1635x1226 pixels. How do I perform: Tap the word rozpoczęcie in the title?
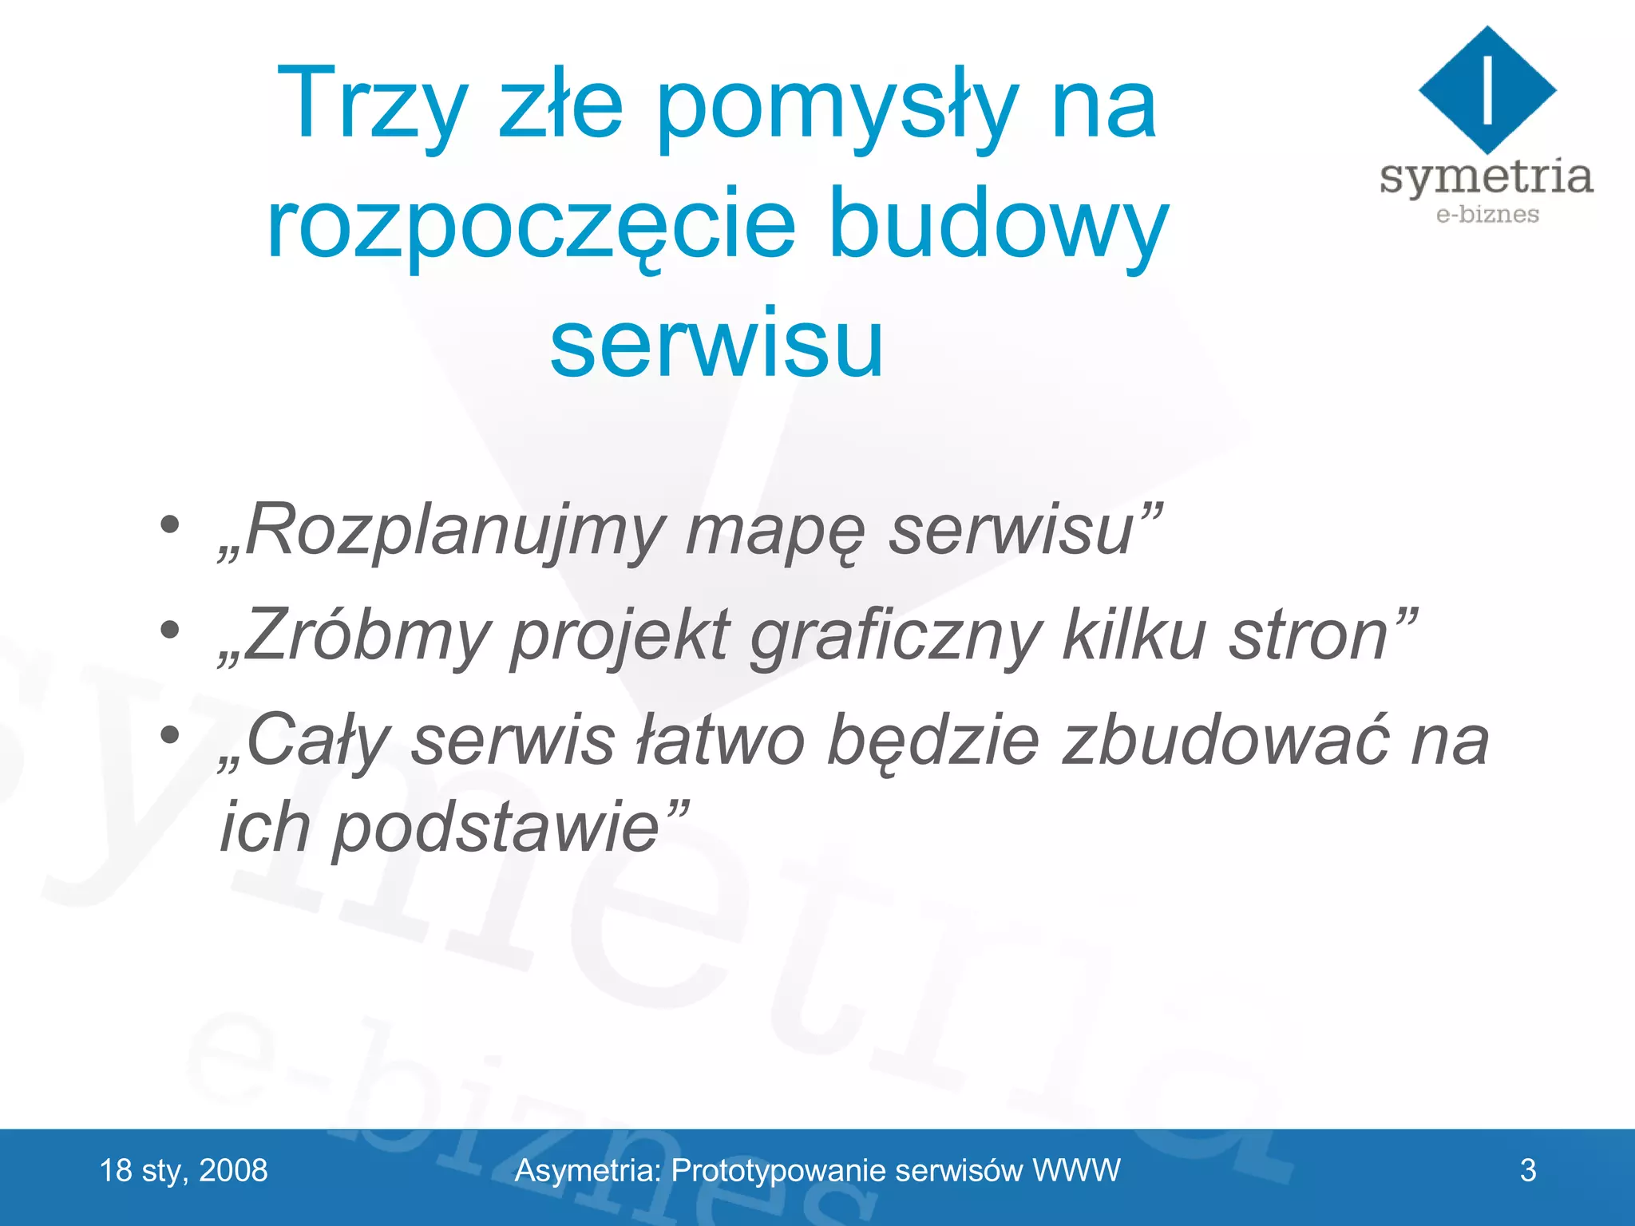point(531,225)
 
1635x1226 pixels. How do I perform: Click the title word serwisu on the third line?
point(717,343)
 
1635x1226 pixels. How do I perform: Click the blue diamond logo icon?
point(1487,89)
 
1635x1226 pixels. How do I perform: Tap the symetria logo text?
point(1487,176)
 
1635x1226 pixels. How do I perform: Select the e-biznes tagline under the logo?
point(1487,215)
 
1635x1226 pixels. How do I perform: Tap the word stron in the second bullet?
point(1309,636)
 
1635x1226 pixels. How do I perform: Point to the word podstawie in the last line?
point(495,828)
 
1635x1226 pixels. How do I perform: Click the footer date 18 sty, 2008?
point(184,1171)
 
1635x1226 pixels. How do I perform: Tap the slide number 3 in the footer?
point(1528,1171)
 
